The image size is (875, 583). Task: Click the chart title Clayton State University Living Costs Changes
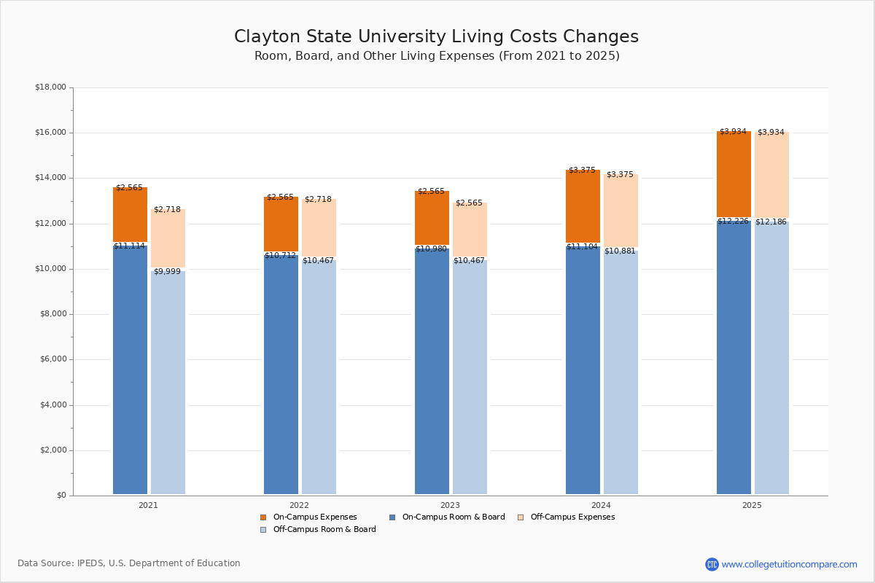(x=436, y=37)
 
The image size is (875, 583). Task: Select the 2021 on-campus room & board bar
(x=130, y=372)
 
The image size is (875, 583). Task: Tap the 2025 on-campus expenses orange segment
(x=734, y=175)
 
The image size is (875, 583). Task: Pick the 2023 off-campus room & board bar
(x=470, y=379)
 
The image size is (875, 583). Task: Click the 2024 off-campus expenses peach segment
(x=621, y=211)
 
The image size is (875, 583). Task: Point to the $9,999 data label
(x=167, y=272)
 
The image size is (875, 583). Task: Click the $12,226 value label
(x=733, y=222)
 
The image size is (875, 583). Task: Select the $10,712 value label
(x=280, y=256)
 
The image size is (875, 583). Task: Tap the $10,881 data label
(x=620, y=251)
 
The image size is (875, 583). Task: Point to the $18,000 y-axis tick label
(x=50, y=87)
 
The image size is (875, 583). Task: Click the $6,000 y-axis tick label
(x=52, y=359)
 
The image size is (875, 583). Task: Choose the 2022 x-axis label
(x=299, y=505)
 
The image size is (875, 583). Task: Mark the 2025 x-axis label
(x=752, y=505)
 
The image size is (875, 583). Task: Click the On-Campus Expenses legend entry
(x=309, y=517)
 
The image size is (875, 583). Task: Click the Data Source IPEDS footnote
(x=129, y=563)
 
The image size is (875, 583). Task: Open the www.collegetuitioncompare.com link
(x=789, y=564)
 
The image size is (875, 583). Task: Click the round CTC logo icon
(x=712, y=564)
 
